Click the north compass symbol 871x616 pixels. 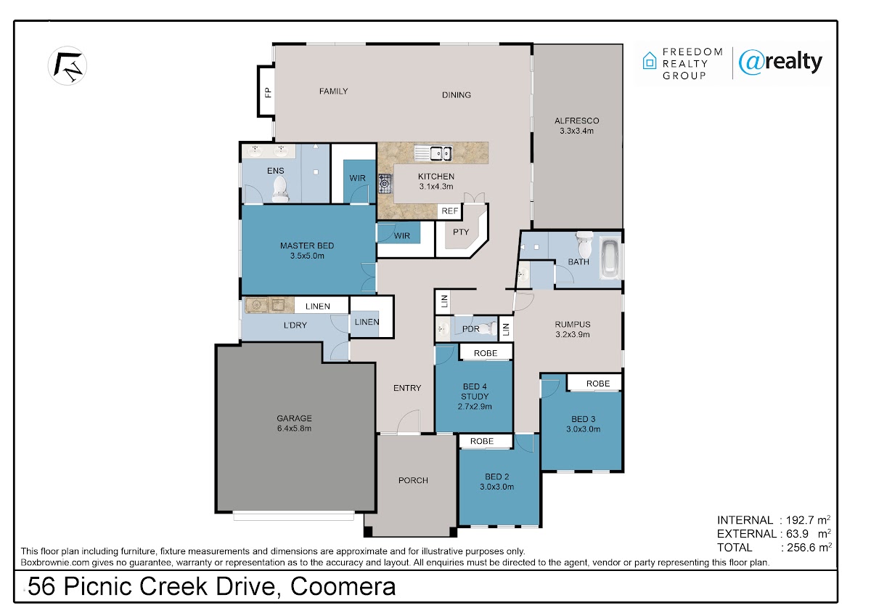point(68,65)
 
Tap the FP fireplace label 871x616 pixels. point(268,92)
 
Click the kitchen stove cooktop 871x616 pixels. point(385,184)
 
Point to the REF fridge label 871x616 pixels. point(450,211)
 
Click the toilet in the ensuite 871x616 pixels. point(280,190)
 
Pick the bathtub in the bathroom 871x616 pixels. point(610,258)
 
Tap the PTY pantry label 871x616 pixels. point(461,232)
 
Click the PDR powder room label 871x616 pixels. point(470,329)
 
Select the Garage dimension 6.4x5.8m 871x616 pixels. point(295,429)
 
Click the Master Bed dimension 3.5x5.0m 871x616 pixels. point(307,256)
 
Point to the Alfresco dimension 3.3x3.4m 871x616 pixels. point(576,131)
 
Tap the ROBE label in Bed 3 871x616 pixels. point(598,384)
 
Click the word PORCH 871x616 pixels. point(413,481)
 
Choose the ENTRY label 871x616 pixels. point(407,388)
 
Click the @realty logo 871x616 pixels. point(780,62)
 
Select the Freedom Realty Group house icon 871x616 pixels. point(650,61)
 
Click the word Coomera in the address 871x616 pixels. point(343,587)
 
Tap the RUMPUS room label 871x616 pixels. point(573,324)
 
